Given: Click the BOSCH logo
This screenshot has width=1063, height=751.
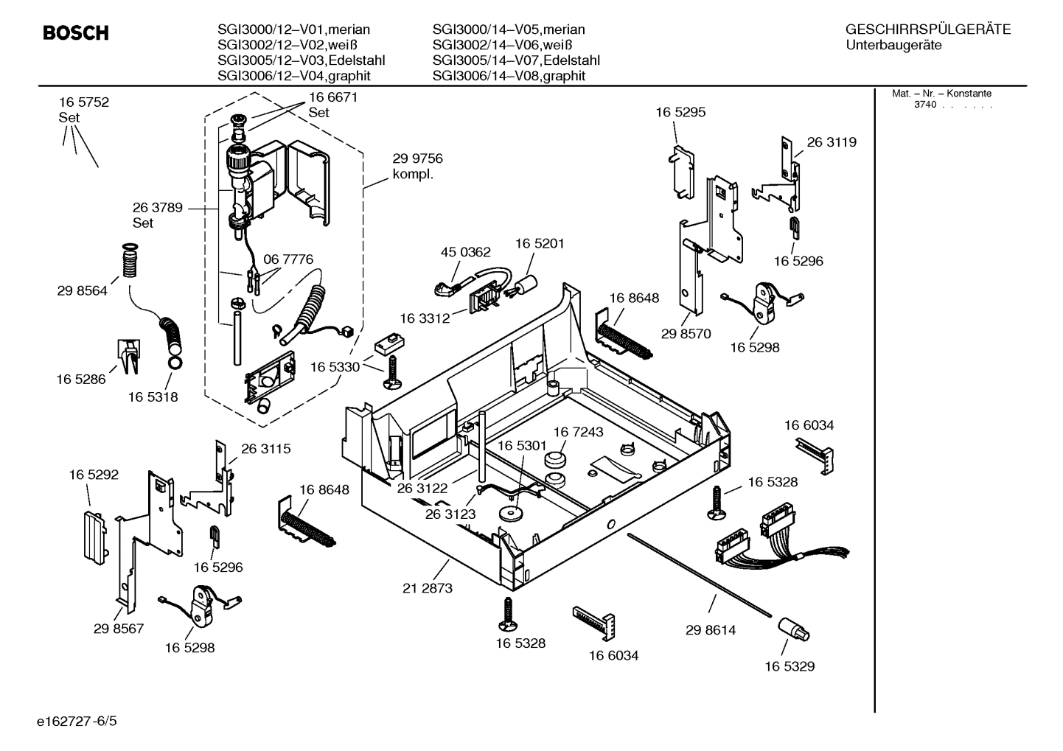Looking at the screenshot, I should tap(75, 33).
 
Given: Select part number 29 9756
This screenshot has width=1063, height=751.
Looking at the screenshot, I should tap(417, 159).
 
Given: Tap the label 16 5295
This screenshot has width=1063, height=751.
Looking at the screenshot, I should tap(680, 112).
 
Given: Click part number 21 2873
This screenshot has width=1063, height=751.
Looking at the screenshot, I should tap(428, 588).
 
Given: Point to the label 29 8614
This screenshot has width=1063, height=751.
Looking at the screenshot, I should tap(711, 630).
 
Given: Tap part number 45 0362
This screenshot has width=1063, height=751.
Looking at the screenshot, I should tap(465, 252).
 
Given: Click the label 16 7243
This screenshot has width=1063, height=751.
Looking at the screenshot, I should tap(578, 432).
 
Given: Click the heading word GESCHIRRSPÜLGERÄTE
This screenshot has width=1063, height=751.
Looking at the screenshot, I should tap(927, 29).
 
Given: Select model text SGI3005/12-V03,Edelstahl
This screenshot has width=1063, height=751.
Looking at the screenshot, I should tap(301, 60).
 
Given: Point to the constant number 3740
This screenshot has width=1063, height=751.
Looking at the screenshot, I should tap(924, 105).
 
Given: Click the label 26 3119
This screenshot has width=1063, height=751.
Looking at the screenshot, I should tap(832, 142).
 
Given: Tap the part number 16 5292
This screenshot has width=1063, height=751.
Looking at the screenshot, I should tap(94, 475).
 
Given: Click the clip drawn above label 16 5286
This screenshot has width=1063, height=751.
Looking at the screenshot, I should tap(128, 353).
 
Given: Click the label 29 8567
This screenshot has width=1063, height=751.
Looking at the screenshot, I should tap(119, 629).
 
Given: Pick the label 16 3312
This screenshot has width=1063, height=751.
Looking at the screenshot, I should tap(425, 318).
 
